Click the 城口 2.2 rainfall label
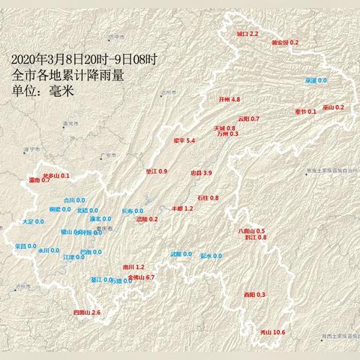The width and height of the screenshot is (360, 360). coord(247,34)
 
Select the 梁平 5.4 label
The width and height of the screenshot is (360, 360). coord(184,140)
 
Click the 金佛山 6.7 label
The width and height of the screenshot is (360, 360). coord(141,277)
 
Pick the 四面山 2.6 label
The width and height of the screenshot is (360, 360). coord(86,312)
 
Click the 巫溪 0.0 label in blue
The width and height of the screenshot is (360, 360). coord(316,80)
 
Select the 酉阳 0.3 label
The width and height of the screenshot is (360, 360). coord(255,295)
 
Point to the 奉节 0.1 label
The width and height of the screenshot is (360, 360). coord(305,111)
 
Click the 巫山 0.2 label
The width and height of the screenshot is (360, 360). coord(333,107)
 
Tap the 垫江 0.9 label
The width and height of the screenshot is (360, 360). coord(156,172)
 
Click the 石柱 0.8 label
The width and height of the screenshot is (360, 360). coord(208,197)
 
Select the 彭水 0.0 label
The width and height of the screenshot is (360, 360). coord(211,256)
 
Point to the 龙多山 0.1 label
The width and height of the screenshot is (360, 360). coord(55,175)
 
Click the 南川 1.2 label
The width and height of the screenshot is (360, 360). coord(133,267)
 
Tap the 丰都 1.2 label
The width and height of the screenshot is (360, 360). coord(184,208)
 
